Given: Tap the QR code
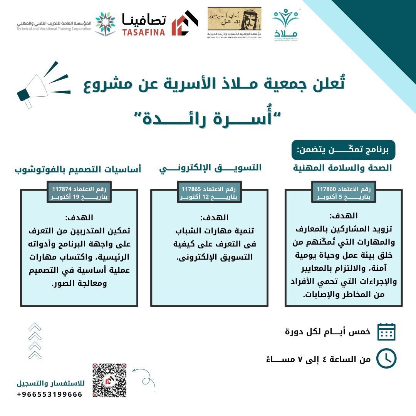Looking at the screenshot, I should [109, 380].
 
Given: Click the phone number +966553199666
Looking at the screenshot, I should [50, 394].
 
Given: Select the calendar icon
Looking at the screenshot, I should [386, 332].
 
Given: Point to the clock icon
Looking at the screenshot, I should [386, 359].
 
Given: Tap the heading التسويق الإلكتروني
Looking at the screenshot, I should [210, 168].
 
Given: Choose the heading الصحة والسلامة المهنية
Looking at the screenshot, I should [342, 168].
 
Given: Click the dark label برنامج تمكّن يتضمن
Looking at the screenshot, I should [343, 150].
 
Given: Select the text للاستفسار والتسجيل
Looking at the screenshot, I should [50, 384].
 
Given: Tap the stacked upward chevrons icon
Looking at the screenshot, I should [35, 341].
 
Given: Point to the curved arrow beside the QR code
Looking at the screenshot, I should [143, 375].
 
